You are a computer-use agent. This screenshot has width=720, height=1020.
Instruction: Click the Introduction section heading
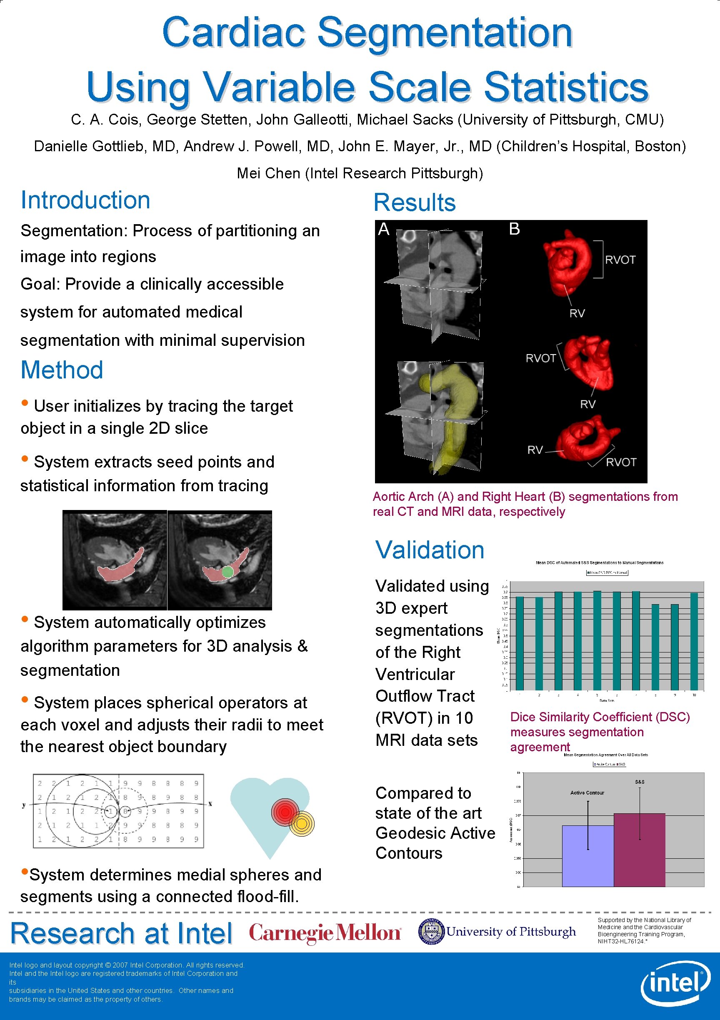[85, 200]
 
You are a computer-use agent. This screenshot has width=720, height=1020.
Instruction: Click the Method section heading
[62, 370]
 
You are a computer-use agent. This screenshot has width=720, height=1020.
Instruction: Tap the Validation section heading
[430, 550]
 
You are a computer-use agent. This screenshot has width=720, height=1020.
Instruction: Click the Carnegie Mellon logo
[325, 932]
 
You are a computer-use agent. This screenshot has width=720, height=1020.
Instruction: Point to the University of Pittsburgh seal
[431, 932]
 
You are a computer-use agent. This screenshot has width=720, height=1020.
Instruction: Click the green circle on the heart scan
[227, 572]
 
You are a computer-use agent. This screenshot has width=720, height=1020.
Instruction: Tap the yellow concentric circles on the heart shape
[302, 823]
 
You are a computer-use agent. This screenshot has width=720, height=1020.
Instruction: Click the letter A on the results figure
[384, 229]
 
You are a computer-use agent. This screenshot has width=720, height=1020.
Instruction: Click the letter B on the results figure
[514, 229]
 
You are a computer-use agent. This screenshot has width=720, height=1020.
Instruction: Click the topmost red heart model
[568, 262]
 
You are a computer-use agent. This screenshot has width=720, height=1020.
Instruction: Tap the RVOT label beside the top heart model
[620, 260]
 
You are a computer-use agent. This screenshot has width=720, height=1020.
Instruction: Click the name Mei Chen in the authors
[269, 173]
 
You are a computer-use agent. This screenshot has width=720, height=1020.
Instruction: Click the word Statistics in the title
[566, 87]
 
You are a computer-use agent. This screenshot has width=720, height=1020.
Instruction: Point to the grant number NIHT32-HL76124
[621, 941]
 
